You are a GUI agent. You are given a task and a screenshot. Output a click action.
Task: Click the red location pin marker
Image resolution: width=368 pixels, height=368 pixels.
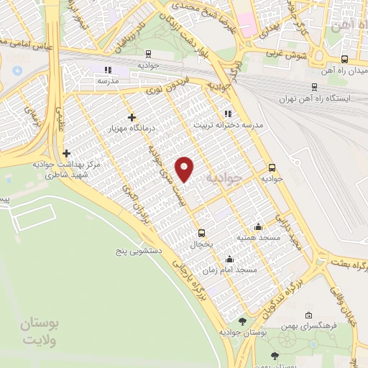coord(185,168)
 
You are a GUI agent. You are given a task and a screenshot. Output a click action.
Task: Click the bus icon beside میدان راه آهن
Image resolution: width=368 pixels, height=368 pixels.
coord(344,60)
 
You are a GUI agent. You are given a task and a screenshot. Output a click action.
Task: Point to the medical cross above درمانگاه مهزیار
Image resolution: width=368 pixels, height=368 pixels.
coord(131,117)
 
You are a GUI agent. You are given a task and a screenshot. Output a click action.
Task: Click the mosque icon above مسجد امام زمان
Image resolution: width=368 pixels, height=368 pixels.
coord(229,260)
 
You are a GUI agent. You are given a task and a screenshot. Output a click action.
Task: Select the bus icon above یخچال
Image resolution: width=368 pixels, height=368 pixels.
coord(201,233)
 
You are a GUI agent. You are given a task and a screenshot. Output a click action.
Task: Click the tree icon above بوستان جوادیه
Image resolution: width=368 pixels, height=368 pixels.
coord(241,321)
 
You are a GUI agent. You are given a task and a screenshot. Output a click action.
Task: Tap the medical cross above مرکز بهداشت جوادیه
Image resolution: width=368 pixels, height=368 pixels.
coord(66,153)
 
